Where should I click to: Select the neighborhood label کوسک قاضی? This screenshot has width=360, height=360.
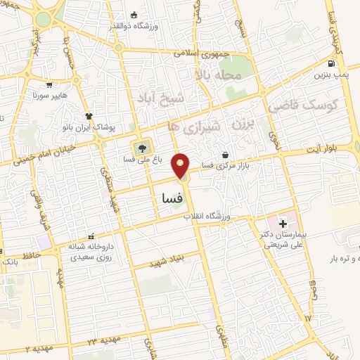304,105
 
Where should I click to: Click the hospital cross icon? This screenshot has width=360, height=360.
283,224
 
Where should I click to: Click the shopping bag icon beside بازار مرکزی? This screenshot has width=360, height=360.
225,155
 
